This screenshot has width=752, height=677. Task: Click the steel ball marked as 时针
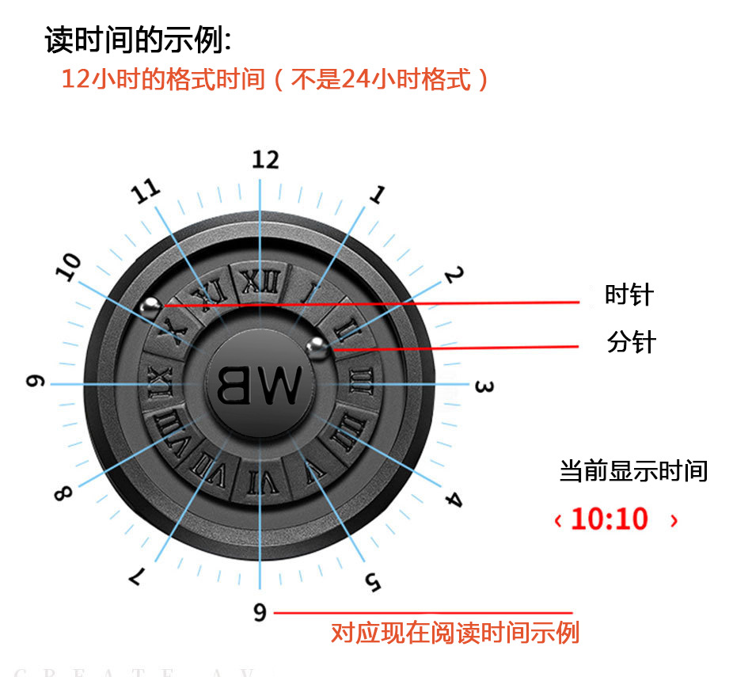[150, 303]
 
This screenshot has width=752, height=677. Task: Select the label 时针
[629, 295]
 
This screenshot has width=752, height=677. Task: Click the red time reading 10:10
[609, 519]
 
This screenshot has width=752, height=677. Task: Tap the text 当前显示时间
[633, 471]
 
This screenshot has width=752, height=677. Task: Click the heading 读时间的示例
[138, 40]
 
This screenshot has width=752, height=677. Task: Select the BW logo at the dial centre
[259, 384]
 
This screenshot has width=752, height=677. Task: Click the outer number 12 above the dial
[265, 159]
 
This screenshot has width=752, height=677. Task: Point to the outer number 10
[70, 268]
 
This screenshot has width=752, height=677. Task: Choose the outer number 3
[484, 387]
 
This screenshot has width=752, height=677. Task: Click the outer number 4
[452, 499]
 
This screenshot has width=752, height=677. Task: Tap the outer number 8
[62, 493]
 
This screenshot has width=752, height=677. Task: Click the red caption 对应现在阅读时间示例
[455, 633]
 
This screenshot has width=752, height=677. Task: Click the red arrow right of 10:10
[674, 520]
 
